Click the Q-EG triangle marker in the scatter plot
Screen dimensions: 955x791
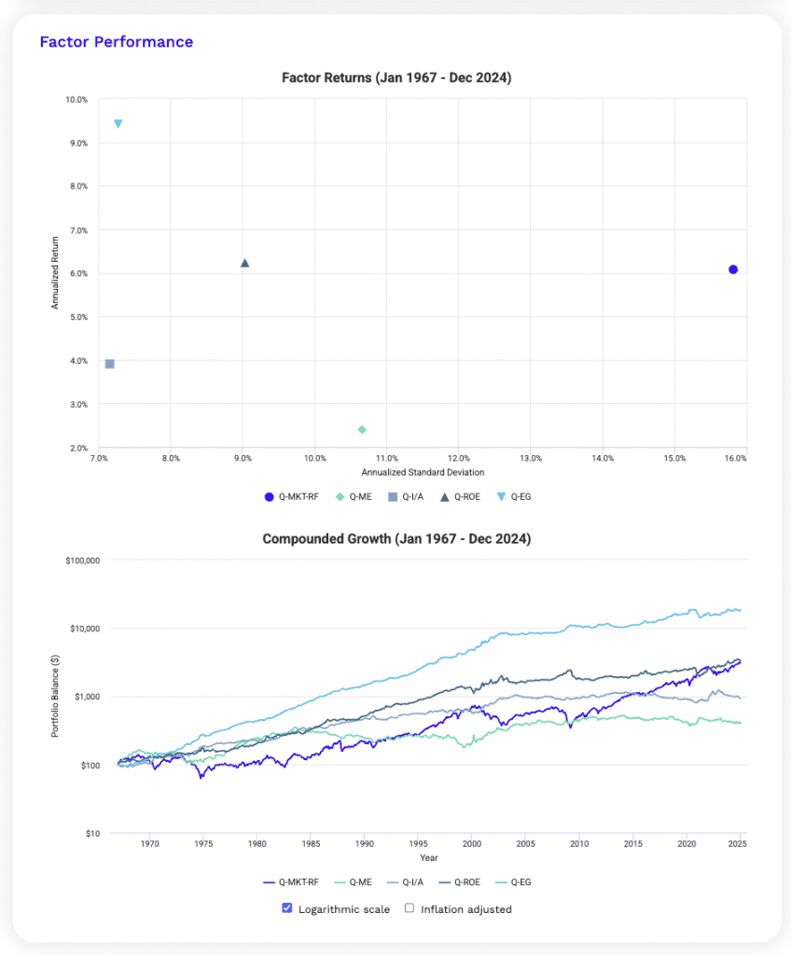[x=118, y=124]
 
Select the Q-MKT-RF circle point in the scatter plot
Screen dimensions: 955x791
[x=733, y=270]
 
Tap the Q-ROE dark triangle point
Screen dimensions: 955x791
[x=245, y=263]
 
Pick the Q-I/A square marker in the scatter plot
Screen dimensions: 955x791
[x=110, y=364]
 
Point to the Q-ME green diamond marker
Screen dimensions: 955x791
[x=362, y=430]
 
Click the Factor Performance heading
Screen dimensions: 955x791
[x=116, y=42]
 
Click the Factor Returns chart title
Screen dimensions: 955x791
[x=396, y=78]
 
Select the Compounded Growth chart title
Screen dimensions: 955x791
[x=396, y=539]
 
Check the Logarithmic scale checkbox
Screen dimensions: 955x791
[x=287, y=908]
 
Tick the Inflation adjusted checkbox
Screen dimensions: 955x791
[x=409, y=908]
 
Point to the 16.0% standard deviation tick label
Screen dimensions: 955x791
[x=735, y=459]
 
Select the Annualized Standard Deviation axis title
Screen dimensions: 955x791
[x=423, y=473]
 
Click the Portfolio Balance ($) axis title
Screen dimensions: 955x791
[x=55, y=696]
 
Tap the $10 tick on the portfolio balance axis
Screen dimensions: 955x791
[x=91, y=834]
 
